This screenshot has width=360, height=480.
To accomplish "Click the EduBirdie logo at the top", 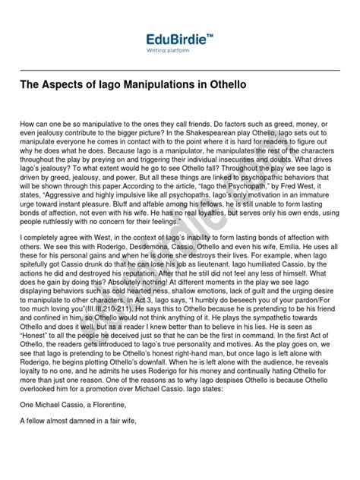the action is pos(180,38).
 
